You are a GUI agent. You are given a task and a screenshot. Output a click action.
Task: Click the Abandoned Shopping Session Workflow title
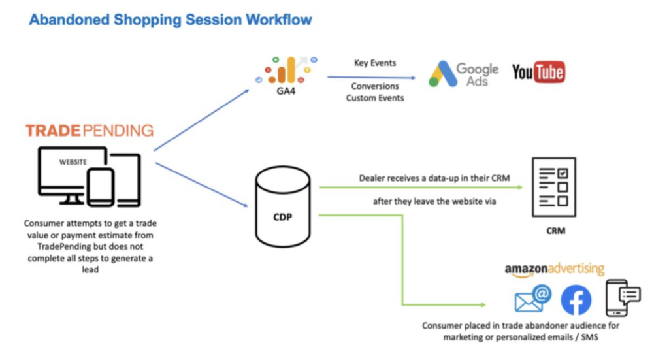(x=171, y=20)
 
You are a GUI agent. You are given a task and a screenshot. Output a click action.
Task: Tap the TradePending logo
(x=90, y=131)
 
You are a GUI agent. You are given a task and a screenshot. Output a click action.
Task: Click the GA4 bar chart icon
(x=286, y=70)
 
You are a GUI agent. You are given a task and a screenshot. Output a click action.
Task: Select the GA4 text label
(x=286, y=91)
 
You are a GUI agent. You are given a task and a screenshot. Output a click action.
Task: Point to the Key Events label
(x=375, y=63)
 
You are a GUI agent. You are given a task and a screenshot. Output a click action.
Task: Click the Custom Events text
(x=375, y=98)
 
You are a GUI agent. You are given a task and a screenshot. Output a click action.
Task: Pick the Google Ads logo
(x=463, y=74)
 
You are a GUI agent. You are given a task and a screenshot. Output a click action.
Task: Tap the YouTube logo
(x=538, y=72)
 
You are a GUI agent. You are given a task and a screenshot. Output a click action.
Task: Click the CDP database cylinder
(x=283, y=207)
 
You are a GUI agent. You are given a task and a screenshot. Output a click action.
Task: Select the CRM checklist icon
(x=554, y=188)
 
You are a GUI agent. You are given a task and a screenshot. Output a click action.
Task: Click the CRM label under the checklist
(x=555, y=231)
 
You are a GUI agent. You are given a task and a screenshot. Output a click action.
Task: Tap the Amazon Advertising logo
(x=554, y=270)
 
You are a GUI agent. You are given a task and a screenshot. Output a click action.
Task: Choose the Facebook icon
(x=576, y=300)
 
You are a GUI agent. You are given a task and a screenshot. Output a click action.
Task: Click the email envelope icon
(x=533, y=299)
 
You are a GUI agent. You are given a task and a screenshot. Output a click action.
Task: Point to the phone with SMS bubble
(x=623, y=298)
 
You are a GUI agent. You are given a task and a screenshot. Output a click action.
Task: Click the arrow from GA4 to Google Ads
(x=371, y=78)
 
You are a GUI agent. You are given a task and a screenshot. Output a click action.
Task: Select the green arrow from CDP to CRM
(x=421, y=188)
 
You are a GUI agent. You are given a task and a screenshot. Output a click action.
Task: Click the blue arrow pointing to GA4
(x=201, y=120)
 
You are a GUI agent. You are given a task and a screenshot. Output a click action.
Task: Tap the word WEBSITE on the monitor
(x=73, y=162)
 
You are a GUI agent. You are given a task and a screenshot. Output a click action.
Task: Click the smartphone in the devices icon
(x=101, y=188)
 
